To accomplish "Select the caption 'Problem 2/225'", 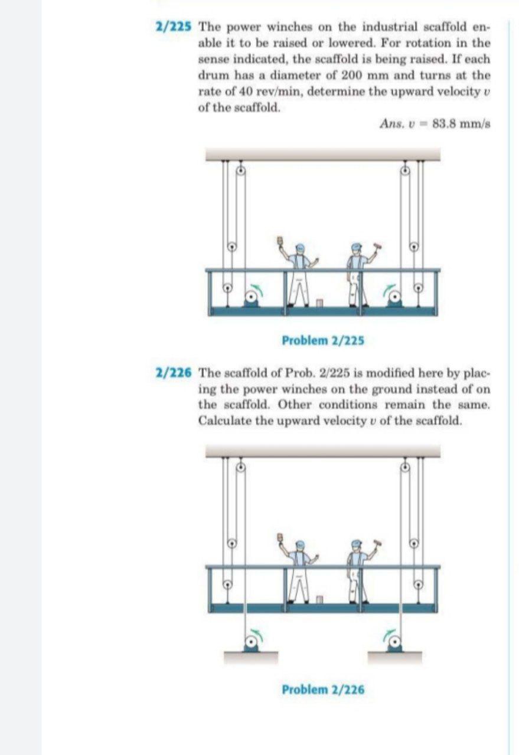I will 323,340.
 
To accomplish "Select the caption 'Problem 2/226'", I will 323,689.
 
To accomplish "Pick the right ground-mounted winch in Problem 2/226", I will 395,642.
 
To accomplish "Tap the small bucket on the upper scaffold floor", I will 319,303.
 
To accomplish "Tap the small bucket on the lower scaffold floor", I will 319,599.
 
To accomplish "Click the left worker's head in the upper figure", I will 301,248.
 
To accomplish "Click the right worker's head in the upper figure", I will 355,248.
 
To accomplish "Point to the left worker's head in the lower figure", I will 301,544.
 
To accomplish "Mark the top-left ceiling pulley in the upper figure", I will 240,171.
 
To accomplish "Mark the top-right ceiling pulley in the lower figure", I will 406,467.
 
